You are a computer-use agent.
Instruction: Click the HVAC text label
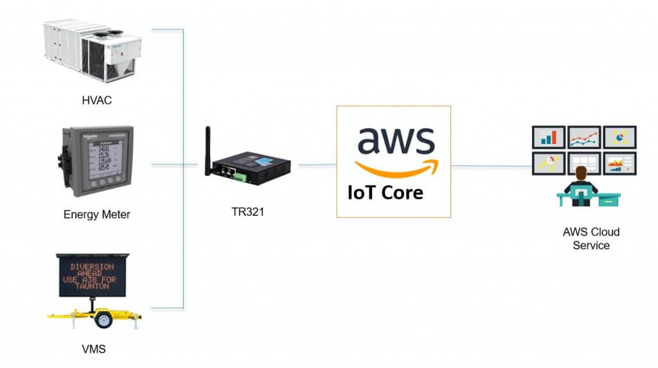point(97,100)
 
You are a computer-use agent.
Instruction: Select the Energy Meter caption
point(97,215)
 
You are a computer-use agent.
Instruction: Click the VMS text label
point(94,349)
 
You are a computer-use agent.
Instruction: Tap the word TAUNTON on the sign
point(92,286)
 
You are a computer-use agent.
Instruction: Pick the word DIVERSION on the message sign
point(92,266)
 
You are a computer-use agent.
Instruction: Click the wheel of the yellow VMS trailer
point(103,319)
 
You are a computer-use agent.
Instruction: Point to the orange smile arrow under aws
point(395,168)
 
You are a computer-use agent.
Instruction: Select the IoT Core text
point(386,192)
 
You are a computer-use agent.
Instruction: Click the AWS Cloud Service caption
point(591,238)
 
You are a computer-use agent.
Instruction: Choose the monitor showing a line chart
point(583,137)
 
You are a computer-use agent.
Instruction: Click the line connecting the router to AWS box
point(317,165)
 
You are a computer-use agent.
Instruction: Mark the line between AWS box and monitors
point(492,166)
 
